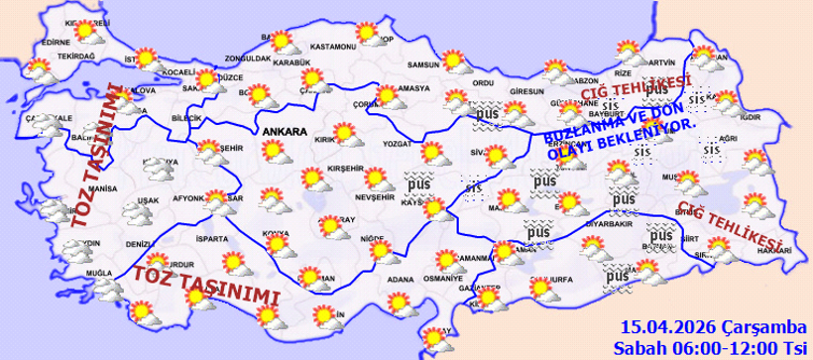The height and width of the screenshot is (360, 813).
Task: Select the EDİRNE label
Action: [x=57, y=43]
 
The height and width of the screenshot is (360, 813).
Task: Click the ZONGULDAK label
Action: [x=248, y=59]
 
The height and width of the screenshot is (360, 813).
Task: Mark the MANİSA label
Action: [x=102, y=187]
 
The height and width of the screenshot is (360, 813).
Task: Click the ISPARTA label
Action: [x=212, y=239]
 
